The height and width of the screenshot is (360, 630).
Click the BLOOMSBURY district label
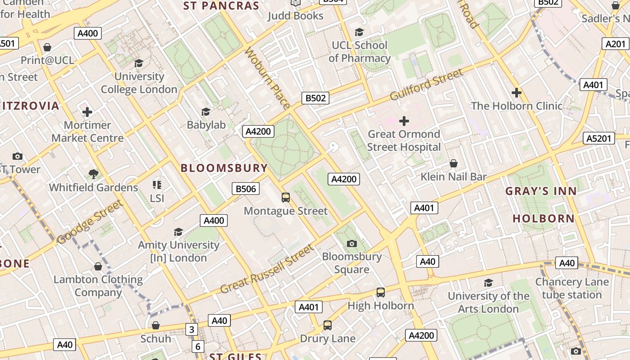(224, 168)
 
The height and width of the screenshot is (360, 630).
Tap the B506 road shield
(246, 189)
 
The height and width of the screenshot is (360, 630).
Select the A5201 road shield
(599, 138)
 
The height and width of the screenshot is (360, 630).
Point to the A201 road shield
(615, 44)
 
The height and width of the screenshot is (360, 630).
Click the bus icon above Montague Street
(285, 197)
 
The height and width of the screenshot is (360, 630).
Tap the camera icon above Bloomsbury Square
(352, 243)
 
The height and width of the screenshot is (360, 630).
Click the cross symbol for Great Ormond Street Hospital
(404, 121)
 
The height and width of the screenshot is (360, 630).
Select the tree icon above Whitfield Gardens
(94, 174)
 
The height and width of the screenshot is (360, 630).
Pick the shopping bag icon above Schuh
(156, 325)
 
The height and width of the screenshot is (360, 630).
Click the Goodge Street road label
(90, 222)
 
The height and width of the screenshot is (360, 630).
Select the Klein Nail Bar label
(454, 177)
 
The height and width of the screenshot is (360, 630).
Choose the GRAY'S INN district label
(541, 191)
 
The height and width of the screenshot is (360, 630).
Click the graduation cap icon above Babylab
(206, 112)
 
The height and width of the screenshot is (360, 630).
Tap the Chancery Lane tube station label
(571, 288)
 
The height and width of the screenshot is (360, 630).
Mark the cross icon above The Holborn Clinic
(516, 93)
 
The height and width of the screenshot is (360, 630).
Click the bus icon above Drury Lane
(328, 325)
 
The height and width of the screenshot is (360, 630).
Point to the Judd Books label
(295, 16)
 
